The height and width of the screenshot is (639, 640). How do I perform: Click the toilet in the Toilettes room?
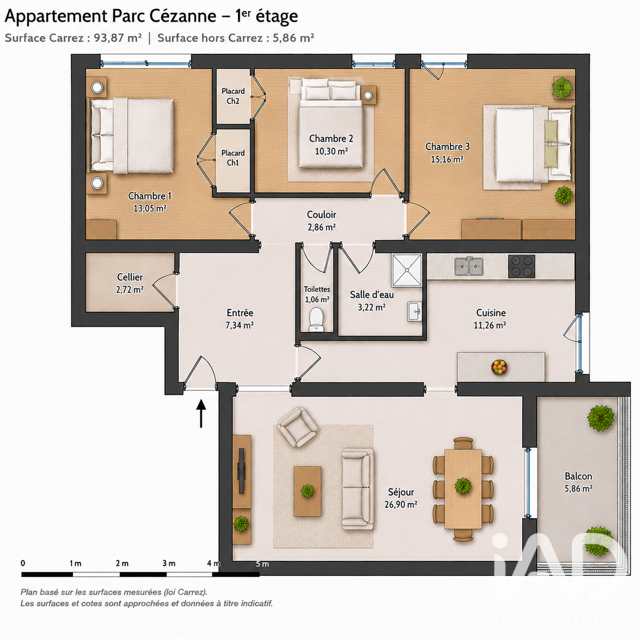(x=316, y=319)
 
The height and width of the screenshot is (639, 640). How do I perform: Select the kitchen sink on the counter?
(x=469, y=266)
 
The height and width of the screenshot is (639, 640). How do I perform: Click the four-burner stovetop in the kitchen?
(x=521, y=266)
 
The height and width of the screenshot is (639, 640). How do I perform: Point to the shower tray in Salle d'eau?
(x=407, y=270)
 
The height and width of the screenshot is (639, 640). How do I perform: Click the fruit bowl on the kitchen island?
(x=499, y=366)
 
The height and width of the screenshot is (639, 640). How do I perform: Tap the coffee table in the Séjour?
(x=307, y=491)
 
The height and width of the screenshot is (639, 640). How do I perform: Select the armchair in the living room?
(x=297, y=426)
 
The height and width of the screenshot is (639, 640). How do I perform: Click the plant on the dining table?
(x=463, y=485)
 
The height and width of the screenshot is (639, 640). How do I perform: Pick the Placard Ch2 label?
(x=233, y=96)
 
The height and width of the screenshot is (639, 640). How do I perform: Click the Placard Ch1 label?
(x=233, y=158)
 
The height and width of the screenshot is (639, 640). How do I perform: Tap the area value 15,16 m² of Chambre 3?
(x=447, y=159)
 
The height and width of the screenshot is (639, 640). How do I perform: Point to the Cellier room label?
(x=130, y=277)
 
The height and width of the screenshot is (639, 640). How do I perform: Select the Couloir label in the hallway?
(x=322, y=214)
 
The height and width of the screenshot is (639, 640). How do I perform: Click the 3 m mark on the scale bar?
(x=169, y=564)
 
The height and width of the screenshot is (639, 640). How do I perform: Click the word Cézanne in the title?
(x=183, y=16)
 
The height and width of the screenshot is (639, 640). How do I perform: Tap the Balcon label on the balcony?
(x=578, y=476)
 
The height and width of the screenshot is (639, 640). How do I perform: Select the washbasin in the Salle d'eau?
(x=414, y=312)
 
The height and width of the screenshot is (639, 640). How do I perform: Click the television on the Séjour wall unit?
(x=241, y=471)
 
